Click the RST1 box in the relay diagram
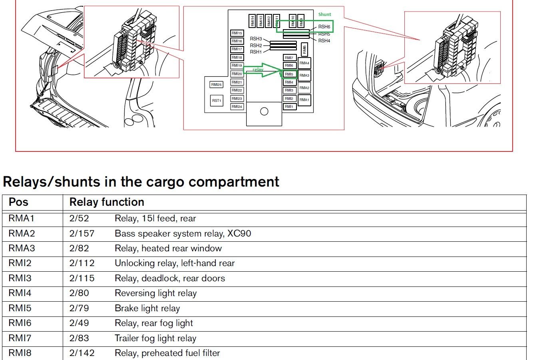[217, 100]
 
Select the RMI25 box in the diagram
[216, 85]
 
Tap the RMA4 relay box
[304, 63]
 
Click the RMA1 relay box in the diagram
[304, 100]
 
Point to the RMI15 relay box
[237, 33]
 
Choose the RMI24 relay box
[237, 107]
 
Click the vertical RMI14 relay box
[253, 21]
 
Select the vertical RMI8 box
[304, 50]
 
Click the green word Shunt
[324, 14]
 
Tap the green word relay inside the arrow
[258, 70]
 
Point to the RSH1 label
[256, 52]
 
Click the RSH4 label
[324, 41]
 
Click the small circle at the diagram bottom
[264, 111]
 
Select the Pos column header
[18, 202]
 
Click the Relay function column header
[107, 202]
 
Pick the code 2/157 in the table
[82, 233]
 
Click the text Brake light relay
[147, 308]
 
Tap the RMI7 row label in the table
[20, 338]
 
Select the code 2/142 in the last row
[82, 353]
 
